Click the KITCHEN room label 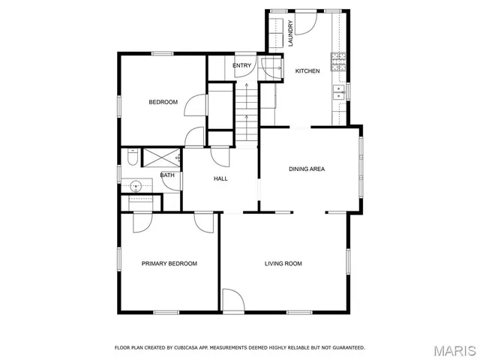[x=307, y=71]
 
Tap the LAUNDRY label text [x=291, y=34]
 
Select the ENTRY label [x=241, y=66]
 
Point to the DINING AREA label [x=307, y=169]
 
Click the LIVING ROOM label [x=283, y=263]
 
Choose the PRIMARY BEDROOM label [x=169, y=263]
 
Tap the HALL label [x=220, y=178]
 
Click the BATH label [x=167, y=175]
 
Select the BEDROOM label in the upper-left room [x=163, y=102]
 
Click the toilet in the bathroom [x=132, y=158]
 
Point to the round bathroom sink [x=136, y=184]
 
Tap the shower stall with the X [x=160, y=157]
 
